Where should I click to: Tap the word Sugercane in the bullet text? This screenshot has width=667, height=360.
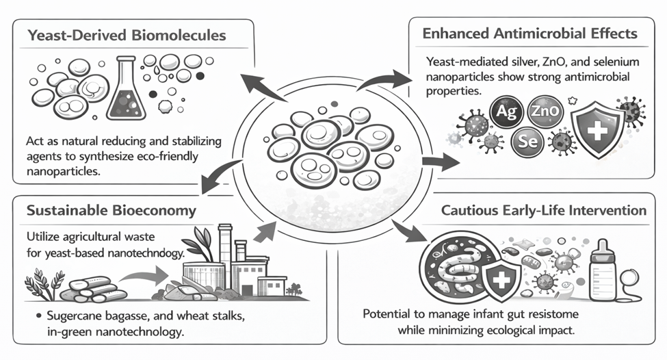[x=72, y=318]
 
